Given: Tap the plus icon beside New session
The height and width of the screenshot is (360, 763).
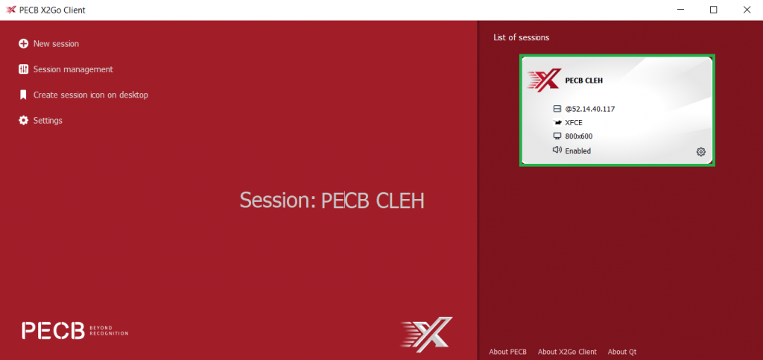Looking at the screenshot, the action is [x=23, y=44].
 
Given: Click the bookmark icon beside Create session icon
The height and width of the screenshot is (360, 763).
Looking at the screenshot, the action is [x=23, y=95].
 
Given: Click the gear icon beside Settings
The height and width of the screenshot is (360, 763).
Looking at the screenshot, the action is [x=23, y=120].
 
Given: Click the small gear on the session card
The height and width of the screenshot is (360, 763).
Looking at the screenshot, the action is [x=700, y=152].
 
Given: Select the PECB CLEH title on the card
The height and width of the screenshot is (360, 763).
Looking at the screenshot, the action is [x=584, y=80].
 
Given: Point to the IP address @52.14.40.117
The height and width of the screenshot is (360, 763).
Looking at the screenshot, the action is [x=590, y=109].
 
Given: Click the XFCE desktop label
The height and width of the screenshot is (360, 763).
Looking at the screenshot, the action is [x=574, y=122].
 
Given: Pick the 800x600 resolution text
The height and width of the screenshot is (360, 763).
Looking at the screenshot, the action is [x=578, y=136].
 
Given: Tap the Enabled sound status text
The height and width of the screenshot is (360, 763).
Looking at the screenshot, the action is [x=577, y=151].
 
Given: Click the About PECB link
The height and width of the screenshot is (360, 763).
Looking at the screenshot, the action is [x=507, y=352].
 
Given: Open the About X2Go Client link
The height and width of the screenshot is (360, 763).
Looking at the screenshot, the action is [x=567, y=352].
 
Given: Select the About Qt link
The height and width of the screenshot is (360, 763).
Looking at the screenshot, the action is [x=622, y=352].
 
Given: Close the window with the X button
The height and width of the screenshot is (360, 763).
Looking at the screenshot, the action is [x=747, y=10].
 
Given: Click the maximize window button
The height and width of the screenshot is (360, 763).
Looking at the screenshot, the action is [x=713, y=10].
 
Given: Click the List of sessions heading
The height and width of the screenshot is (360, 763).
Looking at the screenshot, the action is [x=521, y=37].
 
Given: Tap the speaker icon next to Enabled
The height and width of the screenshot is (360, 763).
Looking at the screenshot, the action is [x=557, y=150].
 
